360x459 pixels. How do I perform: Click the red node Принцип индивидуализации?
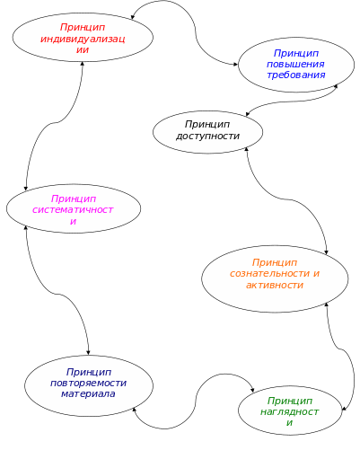click(x=83, y=38)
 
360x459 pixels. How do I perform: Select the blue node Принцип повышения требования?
click(x=296, y=65)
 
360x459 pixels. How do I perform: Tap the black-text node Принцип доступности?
click(x=207, y=132)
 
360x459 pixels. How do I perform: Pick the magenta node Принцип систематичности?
click(x=74, y=208)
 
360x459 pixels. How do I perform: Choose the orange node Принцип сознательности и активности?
click(x=275, y=279)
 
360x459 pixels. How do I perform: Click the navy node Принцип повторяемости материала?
click(x=89, y=385)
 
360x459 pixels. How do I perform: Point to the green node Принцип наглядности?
click(x=290, y=410)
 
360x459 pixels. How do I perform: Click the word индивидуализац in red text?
click(x=83, y=40)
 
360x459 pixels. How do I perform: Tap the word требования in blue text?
click(x=296, y=75)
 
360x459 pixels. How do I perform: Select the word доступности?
click(x=207, y=137)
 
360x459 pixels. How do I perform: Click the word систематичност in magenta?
click(x=73, y=209)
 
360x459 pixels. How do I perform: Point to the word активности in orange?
click(x=275, y=285)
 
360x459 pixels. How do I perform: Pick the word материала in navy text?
click(x=88, y=393)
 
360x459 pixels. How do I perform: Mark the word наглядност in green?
click(x=289, y=412)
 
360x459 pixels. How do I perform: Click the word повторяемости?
click(x=89, y=384)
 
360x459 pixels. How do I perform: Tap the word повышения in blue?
click(x=295, y=65)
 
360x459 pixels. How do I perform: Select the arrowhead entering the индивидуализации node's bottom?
click(x=83, y=65)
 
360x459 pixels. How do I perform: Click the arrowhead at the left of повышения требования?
click(x=235, y=64)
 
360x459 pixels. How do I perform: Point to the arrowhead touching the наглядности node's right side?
click(x=344, y=409)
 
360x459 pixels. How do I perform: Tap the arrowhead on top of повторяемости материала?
click(x=88, y=352)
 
